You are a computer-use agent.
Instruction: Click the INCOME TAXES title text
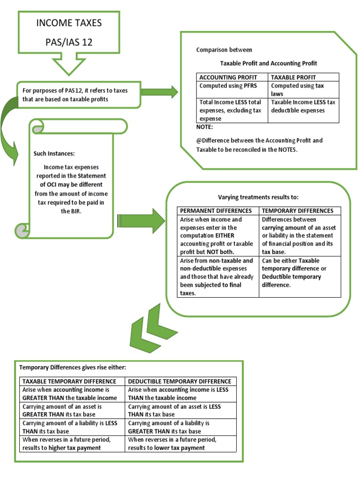click(68, 22)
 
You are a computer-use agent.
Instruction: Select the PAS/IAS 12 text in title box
click(68, 42)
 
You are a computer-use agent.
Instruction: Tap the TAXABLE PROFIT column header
click(294, 77)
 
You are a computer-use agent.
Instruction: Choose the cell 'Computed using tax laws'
click(297, 90)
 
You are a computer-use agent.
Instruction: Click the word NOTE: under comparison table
click(204, 127)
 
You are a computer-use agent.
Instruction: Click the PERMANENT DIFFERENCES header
click(216, 210)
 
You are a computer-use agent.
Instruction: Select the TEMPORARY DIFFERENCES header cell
click(298, 210)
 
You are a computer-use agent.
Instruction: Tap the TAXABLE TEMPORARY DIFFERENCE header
click(69, 381)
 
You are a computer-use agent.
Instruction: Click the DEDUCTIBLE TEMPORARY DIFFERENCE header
click(180, 381)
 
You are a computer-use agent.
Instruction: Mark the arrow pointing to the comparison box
click(159, 92)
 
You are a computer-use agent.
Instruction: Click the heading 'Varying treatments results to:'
click(258, 197)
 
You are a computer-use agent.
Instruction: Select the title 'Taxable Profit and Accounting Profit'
click(269, 63)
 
